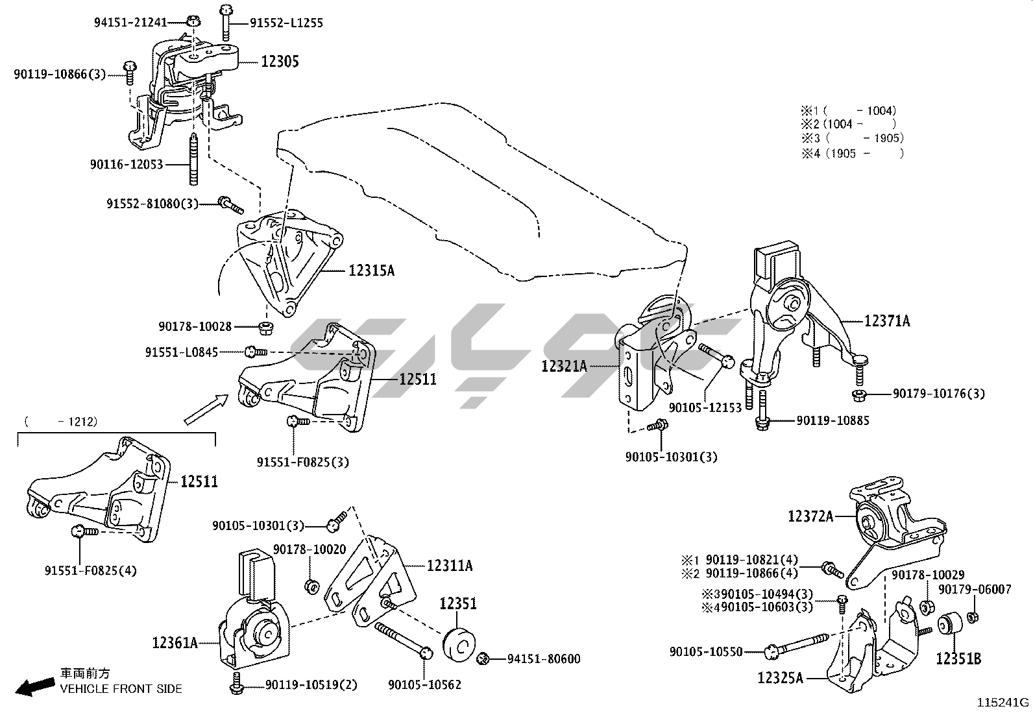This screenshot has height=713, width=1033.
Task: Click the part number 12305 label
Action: [280, 62]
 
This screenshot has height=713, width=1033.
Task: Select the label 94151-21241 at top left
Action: [130, 22]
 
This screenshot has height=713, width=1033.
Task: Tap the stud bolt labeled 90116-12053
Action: [194, 159]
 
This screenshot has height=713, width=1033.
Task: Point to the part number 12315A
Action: [371, 271]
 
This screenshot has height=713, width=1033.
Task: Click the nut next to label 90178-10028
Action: [266, 327]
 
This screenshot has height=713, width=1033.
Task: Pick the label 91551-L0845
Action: [182, 352]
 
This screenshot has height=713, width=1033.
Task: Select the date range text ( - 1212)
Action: [61, 422]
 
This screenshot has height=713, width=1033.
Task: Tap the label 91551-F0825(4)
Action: [91, 570]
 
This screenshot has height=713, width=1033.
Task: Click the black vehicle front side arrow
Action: [35, 686]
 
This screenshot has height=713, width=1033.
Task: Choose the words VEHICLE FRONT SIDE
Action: [121, 689]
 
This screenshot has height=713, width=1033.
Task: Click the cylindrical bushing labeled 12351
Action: [459, 644]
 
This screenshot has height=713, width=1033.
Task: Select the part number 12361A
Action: [175, 642]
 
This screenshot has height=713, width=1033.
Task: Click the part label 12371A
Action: [887, 320]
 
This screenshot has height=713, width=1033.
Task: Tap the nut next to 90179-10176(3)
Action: [858, 395]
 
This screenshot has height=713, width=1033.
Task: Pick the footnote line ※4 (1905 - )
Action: [852, 154]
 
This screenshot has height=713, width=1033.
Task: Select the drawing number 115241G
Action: [1003, 703]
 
